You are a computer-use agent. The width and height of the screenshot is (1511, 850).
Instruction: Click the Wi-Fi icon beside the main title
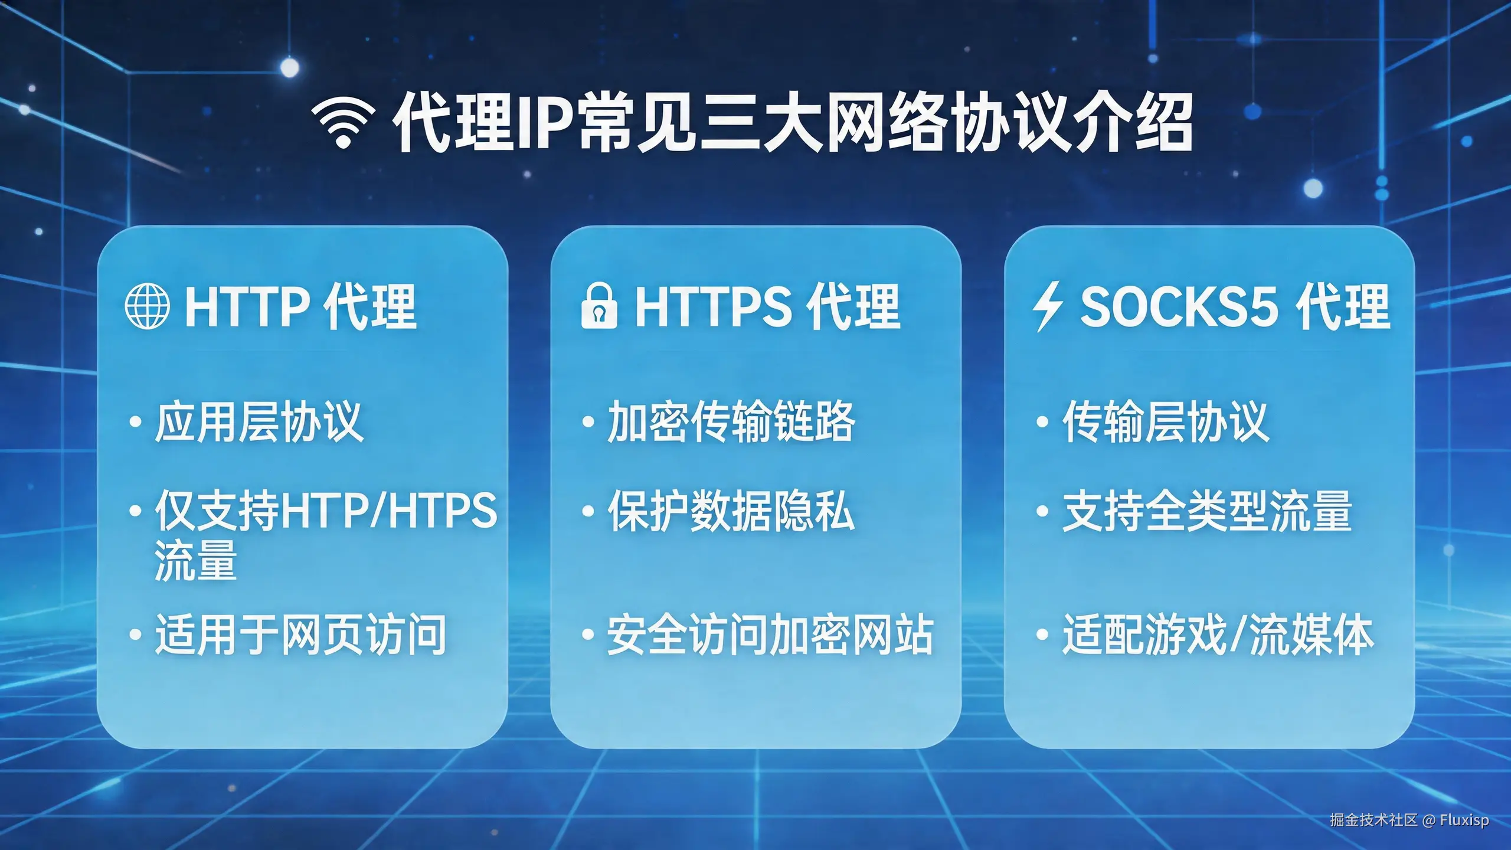click(343, 122)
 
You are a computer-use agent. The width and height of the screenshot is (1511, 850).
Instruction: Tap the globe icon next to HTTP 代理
click(147, 306)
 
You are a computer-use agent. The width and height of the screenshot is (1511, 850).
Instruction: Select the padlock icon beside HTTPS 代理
click(598, 306)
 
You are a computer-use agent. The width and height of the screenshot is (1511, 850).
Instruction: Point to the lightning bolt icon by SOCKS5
click(1048, 306)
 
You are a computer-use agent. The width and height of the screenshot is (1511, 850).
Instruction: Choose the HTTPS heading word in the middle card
click(713, 306)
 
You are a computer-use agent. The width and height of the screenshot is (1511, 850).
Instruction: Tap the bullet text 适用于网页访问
click(300, 635)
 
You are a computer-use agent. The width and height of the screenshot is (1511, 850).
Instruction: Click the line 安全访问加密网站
click(770, 635)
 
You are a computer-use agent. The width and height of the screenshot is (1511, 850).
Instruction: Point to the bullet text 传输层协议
click(1165, 421)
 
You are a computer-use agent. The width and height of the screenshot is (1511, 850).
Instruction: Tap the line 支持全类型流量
click(1207, 511)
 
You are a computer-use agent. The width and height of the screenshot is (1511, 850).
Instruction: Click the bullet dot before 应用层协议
click(135, 422)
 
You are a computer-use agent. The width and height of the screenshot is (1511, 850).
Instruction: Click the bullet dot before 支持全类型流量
click(1042, 511)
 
